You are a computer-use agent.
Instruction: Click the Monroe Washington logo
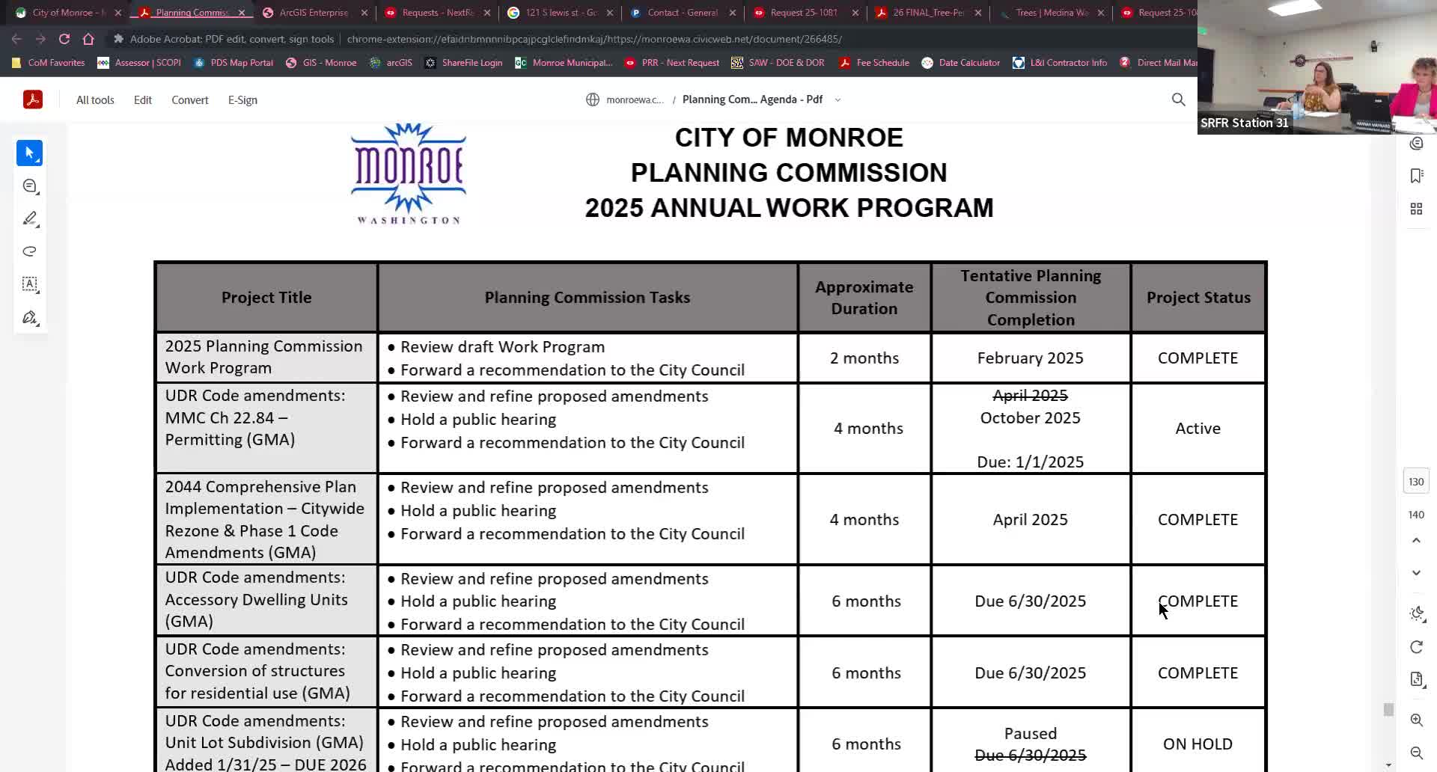(408, 174)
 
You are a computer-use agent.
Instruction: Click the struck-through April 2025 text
(1030, 396)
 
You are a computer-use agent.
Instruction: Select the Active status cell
(1197, 429)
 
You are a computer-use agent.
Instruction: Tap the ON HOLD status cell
(1197, 744)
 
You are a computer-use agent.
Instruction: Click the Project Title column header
(266, 298)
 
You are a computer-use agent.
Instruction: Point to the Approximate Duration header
(864, 298)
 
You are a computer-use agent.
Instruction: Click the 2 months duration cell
(864, 358)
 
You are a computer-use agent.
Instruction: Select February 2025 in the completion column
(1030, 358)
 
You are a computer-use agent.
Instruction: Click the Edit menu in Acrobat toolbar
(142, 100)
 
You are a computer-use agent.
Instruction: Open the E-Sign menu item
(242, 100)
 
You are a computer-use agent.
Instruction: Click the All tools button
(95, 100)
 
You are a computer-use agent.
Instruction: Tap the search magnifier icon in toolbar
(1178, 99)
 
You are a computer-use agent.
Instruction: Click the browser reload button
(64, 39)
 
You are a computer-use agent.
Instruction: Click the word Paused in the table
(1030, 734)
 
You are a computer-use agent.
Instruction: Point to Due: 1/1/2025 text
(1030, 462)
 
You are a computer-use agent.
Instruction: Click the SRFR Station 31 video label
(1244, 123)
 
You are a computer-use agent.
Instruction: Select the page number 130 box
(1415, 482)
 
